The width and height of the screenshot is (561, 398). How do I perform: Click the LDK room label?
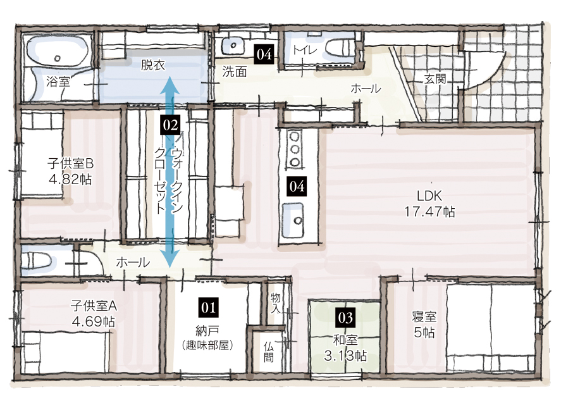429,196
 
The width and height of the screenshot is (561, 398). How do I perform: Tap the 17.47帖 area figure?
429,212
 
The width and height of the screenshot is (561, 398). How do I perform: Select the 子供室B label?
70,164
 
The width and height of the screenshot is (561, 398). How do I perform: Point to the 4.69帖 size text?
93,321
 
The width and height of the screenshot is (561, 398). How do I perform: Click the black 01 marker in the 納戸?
208,308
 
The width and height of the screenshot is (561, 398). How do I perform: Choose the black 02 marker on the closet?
171,125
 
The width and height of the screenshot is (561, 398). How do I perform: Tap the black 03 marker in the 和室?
345,318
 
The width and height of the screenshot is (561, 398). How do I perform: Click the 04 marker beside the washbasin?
264,54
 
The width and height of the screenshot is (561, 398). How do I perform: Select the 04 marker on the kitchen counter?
297,187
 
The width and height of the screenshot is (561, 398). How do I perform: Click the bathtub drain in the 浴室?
58,58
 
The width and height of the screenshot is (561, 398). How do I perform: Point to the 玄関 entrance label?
435,79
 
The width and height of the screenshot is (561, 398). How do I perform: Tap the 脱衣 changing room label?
153,65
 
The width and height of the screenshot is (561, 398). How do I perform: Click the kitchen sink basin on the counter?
293,221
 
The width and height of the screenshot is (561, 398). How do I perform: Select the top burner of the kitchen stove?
295,137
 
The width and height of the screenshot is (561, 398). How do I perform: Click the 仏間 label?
268,352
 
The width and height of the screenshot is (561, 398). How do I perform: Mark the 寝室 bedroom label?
424,316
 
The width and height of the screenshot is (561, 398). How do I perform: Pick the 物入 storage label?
276,303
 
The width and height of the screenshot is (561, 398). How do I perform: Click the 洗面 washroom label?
235,72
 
